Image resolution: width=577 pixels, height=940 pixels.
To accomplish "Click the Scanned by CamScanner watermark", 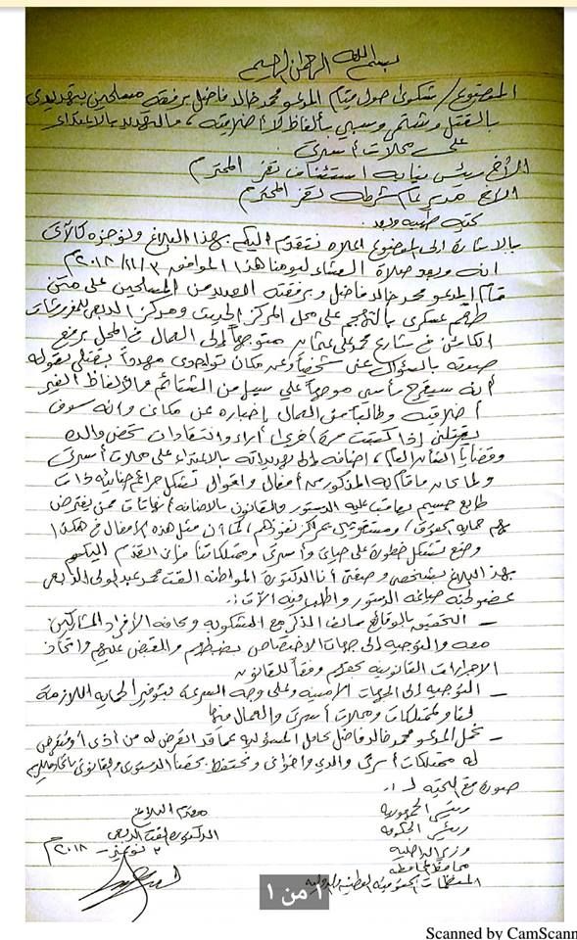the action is click(x=501, y=931).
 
